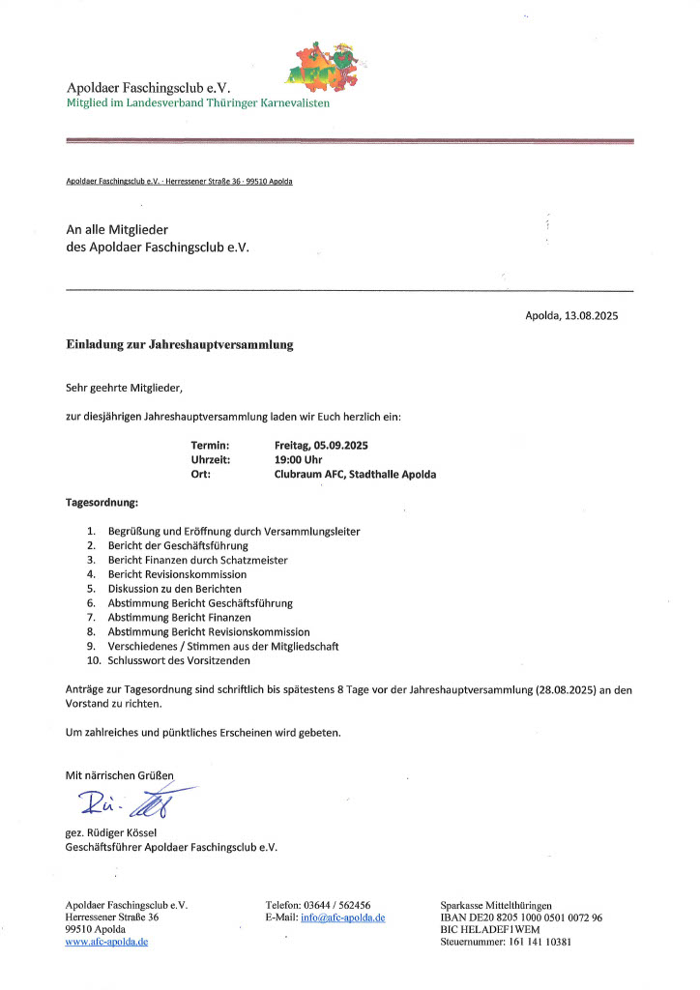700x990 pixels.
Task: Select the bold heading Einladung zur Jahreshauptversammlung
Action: coord(179,344)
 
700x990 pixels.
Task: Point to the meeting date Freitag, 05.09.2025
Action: coord(322,445)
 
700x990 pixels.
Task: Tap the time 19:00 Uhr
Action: coord(299,459)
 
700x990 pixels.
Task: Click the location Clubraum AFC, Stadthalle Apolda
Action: coord(355,475)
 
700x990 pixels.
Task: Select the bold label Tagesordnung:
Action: coord(102,504)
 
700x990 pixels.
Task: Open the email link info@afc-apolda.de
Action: coord(343,917)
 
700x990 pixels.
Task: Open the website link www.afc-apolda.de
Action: coord(106,942)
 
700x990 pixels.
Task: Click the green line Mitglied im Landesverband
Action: coord(197,102)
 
